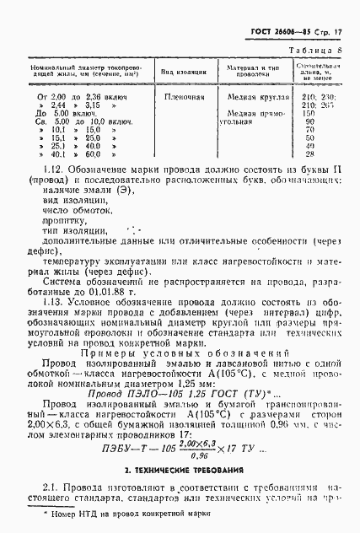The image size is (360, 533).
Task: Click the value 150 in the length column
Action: click(x=309, y=113)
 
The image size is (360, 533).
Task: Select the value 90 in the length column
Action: click(x=309, y=121)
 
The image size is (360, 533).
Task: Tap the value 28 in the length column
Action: click(x=309, y=154)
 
